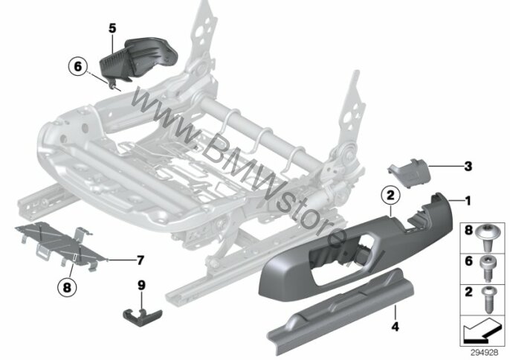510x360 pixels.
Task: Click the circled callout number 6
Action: pyautogui.click(x=78, y=66)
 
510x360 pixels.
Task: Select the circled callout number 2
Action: pyautogui.click(x=390, y=195)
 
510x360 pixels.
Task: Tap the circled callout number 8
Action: pyautogui.click(x=67, y=287)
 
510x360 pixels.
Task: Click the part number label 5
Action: pyautogui.click(x=112, y=28)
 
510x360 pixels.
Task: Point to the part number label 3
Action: pyautogui.click(x=468, y=167)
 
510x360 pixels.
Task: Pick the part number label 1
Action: pyautogui.click(x=468, y=201)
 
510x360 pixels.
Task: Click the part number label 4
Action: pyautogui.click(x=396, y=327)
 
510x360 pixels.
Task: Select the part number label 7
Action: pyautogui.click(x=141, y=260)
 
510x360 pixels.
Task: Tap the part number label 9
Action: pyautogui.click(x=141, y=286)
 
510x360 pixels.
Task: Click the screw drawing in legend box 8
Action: pyautogui.click(x=486, y=238)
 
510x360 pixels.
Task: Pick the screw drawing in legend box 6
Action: pyautogui.click(x=486, y=269)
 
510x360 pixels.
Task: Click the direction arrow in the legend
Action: pyautogui.click(x=482, y=330)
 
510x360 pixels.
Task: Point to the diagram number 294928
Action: pyautogui.click(x=484, y=353)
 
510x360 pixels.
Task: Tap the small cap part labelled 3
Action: pyautogui.click(x=409, y=173)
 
